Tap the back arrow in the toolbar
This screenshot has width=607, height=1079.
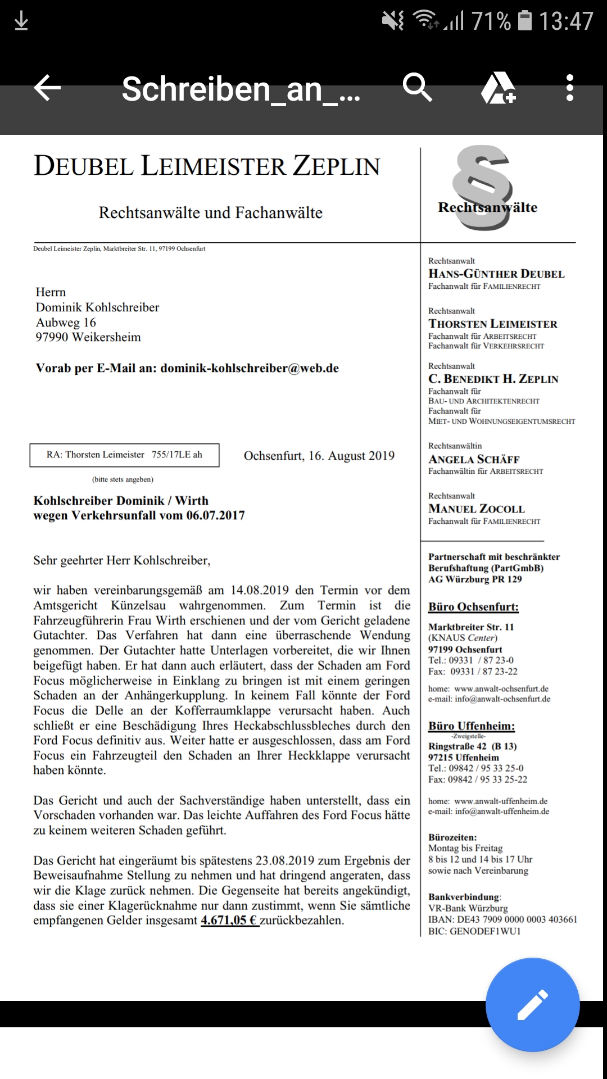[47, 88]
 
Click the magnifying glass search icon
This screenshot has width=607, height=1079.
[417, 88]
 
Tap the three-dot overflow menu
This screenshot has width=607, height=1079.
[569, 88]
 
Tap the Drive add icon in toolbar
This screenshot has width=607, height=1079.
[498, 88]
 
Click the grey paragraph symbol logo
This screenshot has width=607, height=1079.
[482, 187]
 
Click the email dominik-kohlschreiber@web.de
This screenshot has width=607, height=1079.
[250, 368]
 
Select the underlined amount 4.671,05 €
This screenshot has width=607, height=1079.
[229, 921]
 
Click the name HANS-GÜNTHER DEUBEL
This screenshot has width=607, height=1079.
[496, 274]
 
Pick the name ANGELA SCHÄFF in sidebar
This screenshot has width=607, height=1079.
[474, 459]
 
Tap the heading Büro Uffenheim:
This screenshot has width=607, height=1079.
[472, 726]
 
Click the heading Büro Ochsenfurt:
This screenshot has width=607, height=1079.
[473, 607]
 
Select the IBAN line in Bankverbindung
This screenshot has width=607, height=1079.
[502, 919]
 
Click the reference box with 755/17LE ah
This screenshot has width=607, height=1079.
[124, 455]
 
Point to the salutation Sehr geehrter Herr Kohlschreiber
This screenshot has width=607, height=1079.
[122, 560]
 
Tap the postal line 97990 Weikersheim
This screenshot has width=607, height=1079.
[88, 337]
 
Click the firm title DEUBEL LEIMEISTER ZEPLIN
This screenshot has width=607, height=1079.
[207, 166]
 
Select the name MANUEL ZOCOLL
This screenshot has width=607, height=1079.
[477, 509]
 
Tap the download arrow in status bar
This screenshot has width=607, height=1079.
[21, 21]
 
